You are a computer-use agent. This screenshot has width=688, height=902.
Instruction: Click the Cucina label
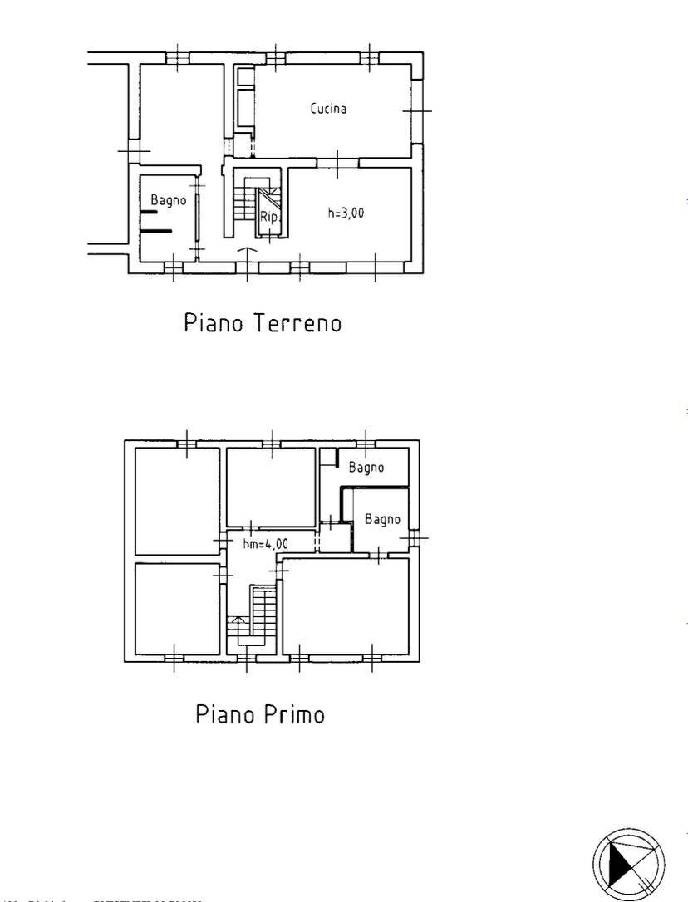[328, 109]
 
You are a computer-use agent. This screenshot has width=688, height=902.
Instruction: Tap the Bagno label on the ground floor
[169, 200]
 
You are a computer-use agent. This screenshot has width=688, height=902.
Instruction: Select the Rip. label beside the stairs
[269, 218]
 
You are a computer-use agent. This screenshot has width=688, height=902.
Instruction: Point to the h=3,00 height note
[346, 213]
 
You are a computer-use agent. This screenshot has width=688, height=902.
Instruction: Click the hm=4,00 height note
[266, 544]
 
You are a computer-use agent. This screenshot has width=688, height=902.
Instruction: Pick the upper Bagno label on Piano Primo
[366, 468]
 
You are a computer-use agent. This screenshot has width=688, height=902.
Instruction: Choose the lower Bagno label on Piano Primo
[382, 520]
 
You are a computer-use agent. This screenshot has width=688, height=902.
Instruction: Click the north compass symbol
[628, 863]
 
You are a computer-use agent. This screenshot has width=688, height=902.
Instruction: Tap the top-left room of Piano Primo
[177, 501]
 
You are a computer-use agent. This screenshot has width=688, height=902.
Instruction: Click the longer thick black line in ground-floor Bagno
[156, 230]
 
